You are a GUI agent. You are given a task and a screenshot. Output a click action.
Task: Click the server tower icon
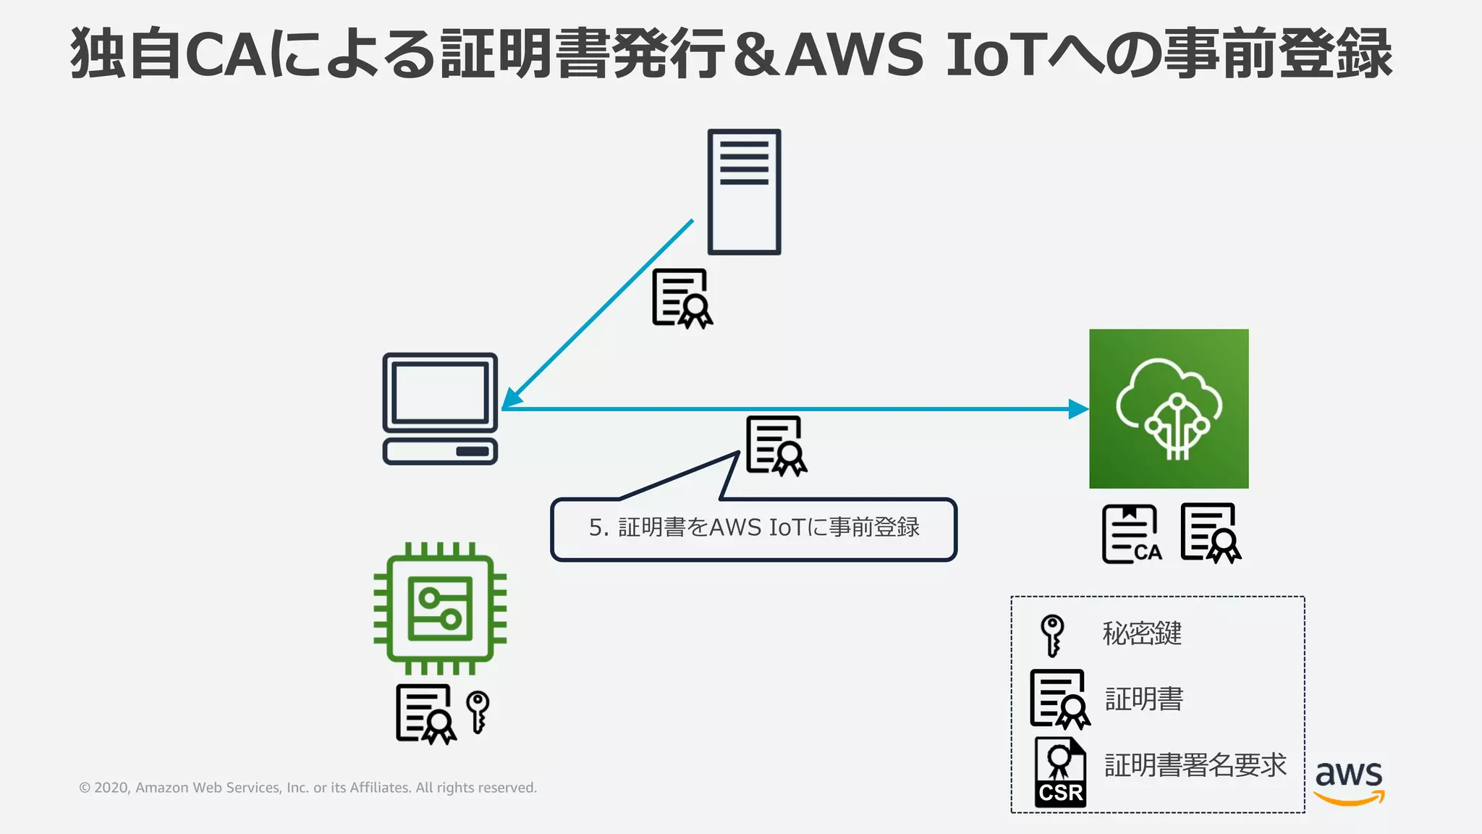click(744, 192)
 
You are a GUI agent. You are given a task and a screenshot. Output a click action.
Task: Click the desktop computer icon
click(440, 408)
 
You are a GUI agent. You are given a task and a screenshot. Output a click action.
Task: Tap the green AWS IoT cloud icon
click(1169, 408)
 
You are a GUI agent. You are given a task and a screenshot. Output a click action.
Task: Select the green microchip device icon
click(440, 608)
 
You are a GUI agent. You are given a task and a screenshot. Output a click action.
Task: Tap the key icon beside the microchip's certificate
click(478, 711)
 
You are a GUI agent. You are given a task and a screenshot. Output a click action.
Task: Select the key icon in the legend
click(1051, 635)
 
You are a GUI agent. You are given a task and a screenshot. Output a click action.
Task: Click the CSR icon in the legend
click(1060, 772)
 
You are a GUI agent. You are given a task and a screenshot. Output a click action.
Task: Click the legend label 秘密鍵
click(1142, 633)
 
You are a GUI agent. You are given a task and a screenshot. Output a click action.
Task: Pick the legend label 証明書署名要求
click(1195, 765)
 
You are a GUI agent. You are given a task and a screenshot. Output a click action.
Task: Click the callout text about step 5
click(753, 528)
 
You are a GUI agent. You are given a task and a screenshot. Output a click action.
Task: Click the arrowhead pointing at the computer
click(511, 399)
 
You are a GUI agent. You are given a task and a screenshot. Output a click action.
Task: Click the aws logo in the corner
click(1349, 782)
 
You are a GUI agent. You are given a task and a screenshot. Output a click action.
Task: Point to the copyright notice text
click(308, 788)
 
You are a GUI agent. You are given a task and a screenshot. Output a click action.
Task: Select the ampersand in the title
click(756, 54)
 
